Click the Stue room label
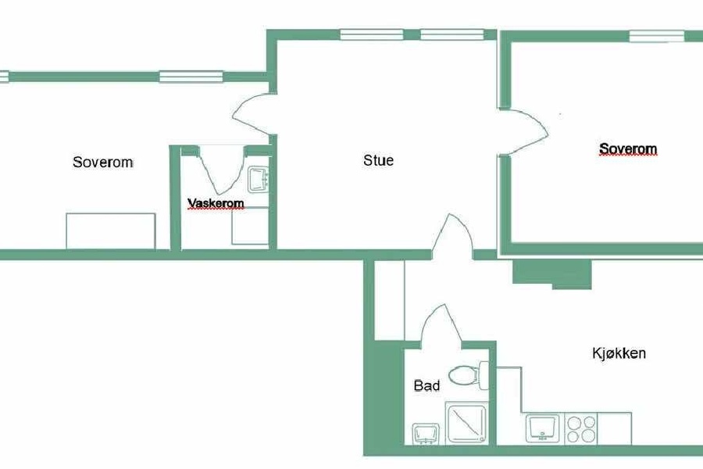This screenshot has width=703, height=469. pyautogui.click(x=378, y=160)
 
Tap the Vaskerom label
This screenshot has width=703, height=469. pyautogui.click(x=216, y=203)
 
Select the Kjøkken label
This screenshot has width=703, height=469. pyautogui.click(x=619, y=353)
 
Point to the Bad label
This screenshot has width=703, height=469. pyautogui.click(x=426, y=385)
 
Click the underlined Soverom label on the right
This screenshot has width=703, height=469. pyautogui.click(x=628, y=149)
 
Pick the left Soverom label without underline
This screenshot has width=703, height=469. pyautogui.click(x=103, y=162)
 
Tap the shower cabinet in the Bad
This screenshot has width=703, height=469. pyautogui.click(x=466, y=423)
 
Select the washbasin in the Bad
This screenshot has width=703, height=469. pyautogui.click(x=426, y=434)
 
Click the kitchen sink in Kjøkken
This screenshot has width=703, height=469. pyautogui.click(x=543, y=428)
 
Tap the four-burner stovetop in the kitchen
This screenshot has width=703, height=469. pyautogui.click(x=581, y=428)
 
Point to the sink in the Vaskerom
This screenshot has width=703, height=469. pyautogui.click(x=259, y=180)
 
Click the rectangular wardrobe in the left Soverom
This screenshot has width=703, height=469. pyautogui.click(x=111, y=231)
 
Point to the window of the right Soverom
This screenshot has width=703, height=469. pyautogui.click(x=657, y=36)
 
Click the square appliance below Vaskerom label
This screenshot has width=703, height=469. pyautogui.click(x=250, y=226)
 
